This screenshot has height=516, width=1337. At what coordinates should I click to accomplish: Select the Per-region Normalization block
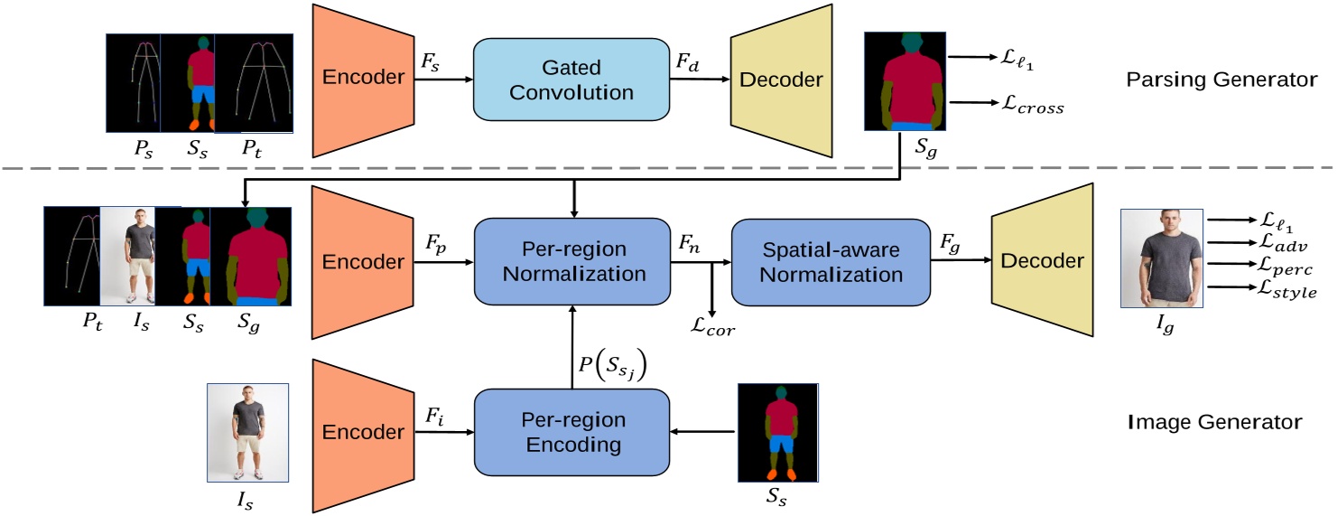coord(571,260)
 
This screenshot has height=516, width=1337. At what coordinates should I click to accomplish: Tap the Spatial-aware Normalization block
coord(831,260)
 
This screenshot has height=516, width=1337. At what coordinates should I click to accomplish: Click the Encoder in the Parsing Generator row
coord(364,80)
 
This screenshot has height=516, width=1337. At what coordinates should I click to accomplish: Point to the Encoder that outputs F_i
coord(364,432)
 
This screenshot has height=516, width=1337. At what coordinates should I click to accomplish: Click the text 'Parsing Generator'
coord(1221,80)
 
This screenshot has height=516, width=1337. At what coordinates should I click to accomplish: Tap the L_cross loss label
coord(1028,107)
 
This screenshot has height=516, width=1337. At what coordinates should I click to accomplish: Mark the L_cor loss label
coord(713,329)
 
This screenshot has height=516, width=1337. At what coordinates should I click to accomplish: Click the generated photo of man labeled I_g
coord(1161,258)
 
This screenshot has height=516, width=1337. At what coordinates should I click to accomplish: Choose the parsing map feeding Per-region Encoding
coord(777,432)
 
